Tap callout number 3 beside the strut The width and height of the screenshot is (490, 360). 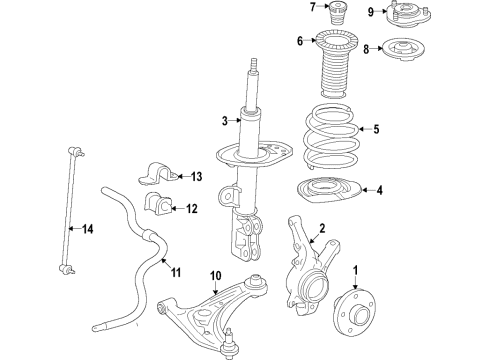(226, 123)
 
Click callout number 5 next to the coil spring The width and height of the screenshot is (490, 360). (376, 129)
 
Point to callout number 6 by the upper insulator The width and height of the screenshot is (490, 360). (299, 41)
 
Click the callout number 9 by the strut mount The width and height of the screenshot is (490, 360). (369, 12)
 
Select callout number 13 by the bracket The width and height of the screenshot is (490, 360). (195, 177)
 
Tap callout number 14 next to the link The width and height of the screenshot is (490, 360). (87, 230)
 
